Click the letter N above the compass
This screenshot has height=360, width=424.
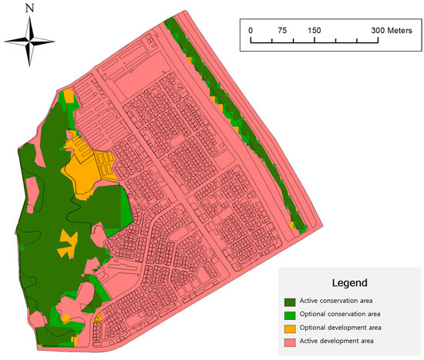tap(29, 9)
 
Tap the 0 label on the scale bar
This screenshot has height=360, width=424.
tap(251, 29)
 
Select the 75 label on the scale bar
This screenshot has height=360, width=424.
tap(282, 29)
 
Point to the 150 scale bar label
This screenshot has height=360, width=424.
tap(314, 29)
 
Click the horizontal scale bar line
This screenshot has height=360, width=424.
tap(314, 39)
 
